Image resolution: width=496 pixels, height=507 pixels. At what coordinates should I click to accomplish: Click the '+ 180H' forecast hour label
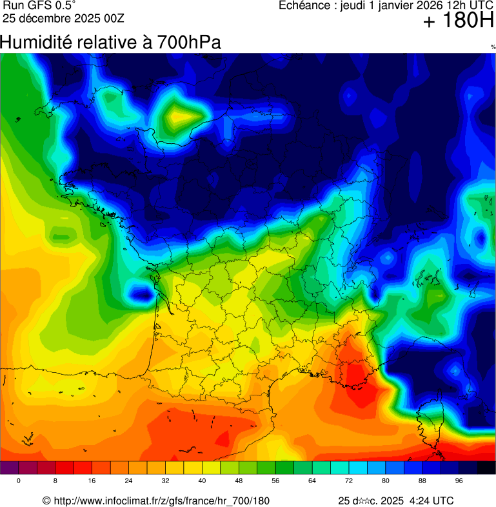pyautogui.click(x=458, y=23)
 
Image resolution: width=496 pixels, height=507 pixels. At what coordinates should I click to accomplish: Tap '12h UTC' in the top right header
pyautogui.click(x=465, y=6)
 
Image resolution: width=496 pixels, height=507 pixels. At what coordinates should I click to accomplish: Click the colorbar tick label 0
pyautogui.click(x=18, y=481)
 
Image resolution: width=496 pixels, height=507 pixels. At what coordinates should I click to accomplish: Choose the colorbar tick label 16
pyautogui.click(x=92, y=481)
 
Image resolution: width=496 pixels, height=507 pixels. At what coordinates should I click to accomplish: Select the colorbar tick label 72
pyautogui.click(x=348, y=481)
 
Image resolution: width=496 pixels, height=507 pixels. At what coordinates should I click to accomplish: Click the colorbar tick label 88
pyautogui.click(x=422, y=481)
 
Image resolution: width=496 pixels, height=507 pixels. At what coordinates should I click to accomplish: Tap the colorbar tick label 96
pyautogui.click(x=459, y=481)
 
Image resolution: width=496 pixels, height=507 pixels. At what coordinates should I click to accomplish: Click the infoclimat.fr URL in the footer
pyautogui.click(x=161, y=501)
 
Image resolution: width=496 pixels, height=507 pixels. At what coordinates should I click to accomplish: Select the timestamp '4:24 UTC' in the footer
pyautogui.click(x=430, y=501)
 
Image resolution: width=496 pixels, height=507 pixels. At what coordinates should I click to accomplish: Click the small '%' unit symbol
pyautogui.click(x=492, y=47)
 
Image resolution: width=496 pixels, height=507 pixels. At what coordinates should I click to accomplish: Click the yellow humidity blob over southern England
pyautogui.click(x=183, y=117)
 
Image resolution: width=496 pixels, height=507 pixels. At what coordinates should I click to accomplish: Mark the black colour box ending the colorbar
pyautogui.click(x=486, y=468)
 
